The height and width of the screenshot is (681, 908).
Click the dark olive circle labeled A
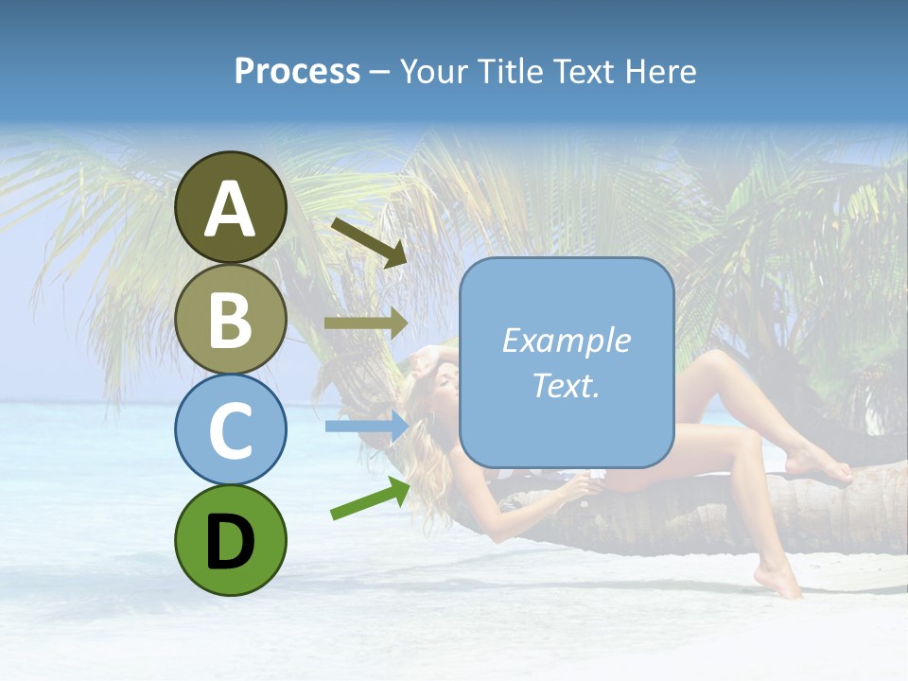click(230, 207)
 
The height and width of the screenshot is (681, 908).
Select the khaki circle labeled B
click(230, 319)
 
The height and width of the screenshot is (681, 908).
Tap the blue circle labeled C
click(230, 429)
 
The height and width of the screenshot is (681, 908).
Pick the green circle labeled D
click(230, 540)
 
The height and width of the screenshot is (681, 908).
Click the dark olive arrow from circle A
click(369, 240)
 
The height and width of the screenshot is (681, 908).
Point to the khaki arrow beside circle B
click(365, 323)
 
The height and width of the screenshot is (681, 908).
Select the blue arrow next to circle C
click(365, 426)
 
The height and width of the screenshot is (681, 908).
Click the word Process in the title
click(297, 72)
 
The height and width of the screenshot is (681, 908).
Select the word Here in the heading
click(659, 72)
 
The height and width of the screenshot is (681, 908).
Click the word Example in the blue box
click(566, 340)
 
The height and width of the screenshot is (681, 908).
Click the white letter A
click(230, 209)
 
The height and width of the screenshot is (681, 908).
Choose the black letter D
click(230, 542)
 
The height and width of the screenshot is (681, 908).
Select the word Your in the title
click(437, 72)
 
